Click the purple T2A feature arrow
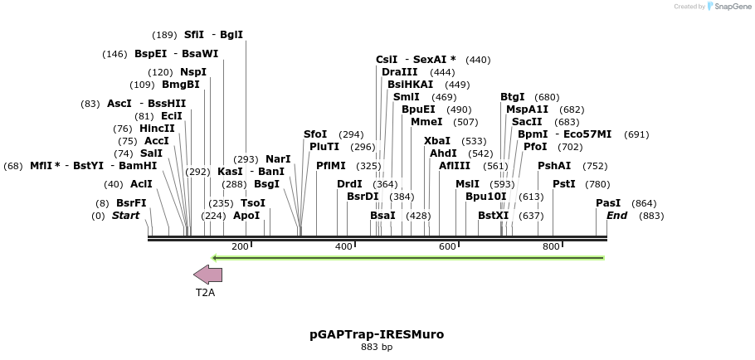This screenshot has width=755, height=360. point(207,275)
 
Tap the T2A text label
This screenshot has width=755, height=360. point(205,293)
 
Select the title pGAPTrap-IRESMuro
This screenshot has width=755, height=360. point(377,334)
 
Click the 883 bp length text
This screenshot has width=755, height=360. point(377,347)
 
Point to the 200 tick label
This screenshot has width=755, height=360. point(240,247)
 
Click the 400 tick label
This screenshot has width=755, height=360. point(343,247)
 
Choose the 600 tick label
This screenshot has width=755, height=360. point(447,247)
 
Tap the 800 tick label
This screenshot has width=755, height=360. point(551,247)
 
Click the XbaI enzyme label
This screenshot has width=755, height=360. point(437,141)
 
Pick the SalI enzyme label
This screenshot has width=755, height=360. point(151,153)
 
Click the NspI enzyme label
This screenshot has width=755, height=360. point(193,72)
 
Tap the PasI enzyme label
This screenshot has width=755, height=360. point(608,203)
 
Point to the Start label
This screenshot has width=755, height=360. point(126,216)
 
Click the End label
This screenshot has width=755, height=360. point(617,216)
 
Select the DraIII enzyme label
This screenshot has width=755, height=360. point(400,72)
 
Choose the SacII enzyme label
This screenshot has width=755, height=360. point(527,122)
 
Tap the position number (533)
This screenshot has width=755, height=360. point(474,141)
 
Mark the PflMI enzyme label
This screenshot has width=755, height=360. point(331,166)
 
